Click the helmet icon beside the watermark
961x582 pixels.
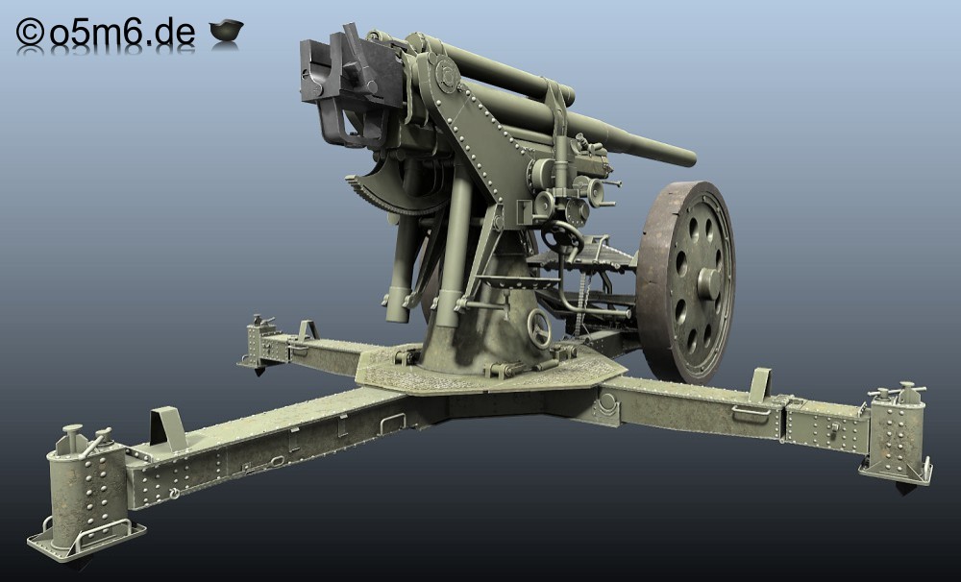point(226,32)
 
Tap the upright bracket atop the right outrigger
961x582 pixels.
point(760,383)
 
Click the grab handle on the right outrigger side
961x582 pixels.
point(751,413)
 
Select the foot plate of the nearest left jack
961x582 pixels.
point(86,543)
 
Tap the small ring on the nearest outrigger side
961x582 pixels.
point(173,494)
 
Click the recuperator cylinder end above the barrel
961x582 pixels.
point(567,95)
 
